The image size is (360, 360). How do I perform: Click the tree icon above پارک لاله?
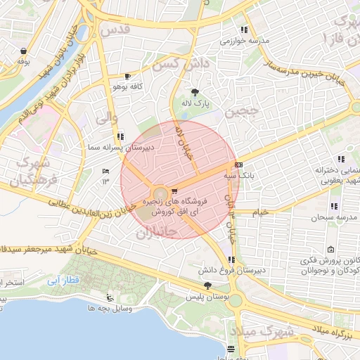tap(195, 92)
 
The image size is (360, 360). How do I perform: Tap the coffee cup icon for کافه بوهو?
tap(127, 76)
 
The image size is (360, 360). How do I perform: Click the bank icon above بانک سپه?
tap(238, 165)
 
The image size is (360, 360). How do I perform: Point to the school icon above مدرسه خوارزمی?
tap(243, 30)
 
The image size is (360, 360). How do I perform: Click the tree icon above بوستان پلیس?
tap(207, 285)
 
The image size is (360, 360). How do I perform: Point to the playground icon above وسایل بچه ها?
tap(108, 297)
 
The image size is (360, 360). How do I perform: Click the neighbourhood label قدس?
tap(117, 30)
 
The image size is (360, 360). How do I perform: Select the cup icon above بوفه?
tap(25, 51)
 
